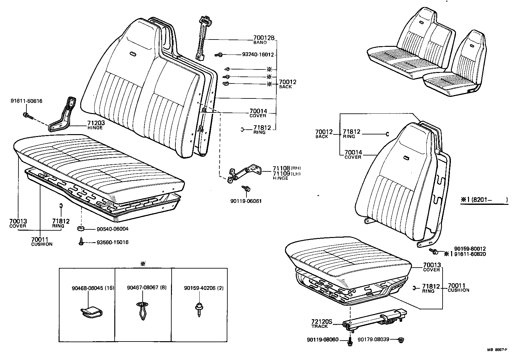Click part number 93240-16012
coord(258,55)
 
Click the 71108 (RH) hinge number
coord(281,168)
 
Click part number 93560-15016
coord(113,242)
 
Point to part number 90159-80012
coord(470,249)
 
